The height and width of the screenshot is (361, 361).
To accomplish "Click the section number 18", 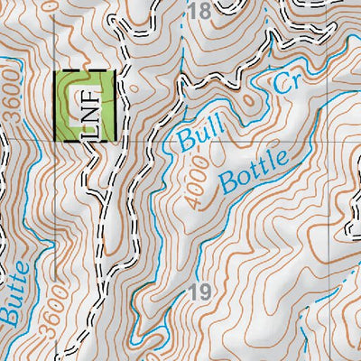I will pyautogui.click(x=201, y=12).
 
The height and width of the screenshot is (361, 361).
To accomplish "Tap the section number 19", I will pyautogui.click(x=201, y=292).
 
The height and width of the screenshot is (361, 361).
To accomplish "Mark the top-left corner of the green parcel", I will pyautogui.click(x=57, y=72).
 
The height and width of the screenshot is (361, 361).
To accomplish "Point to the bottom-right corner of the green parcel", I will pyautogui.click(x=115, y=140).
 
